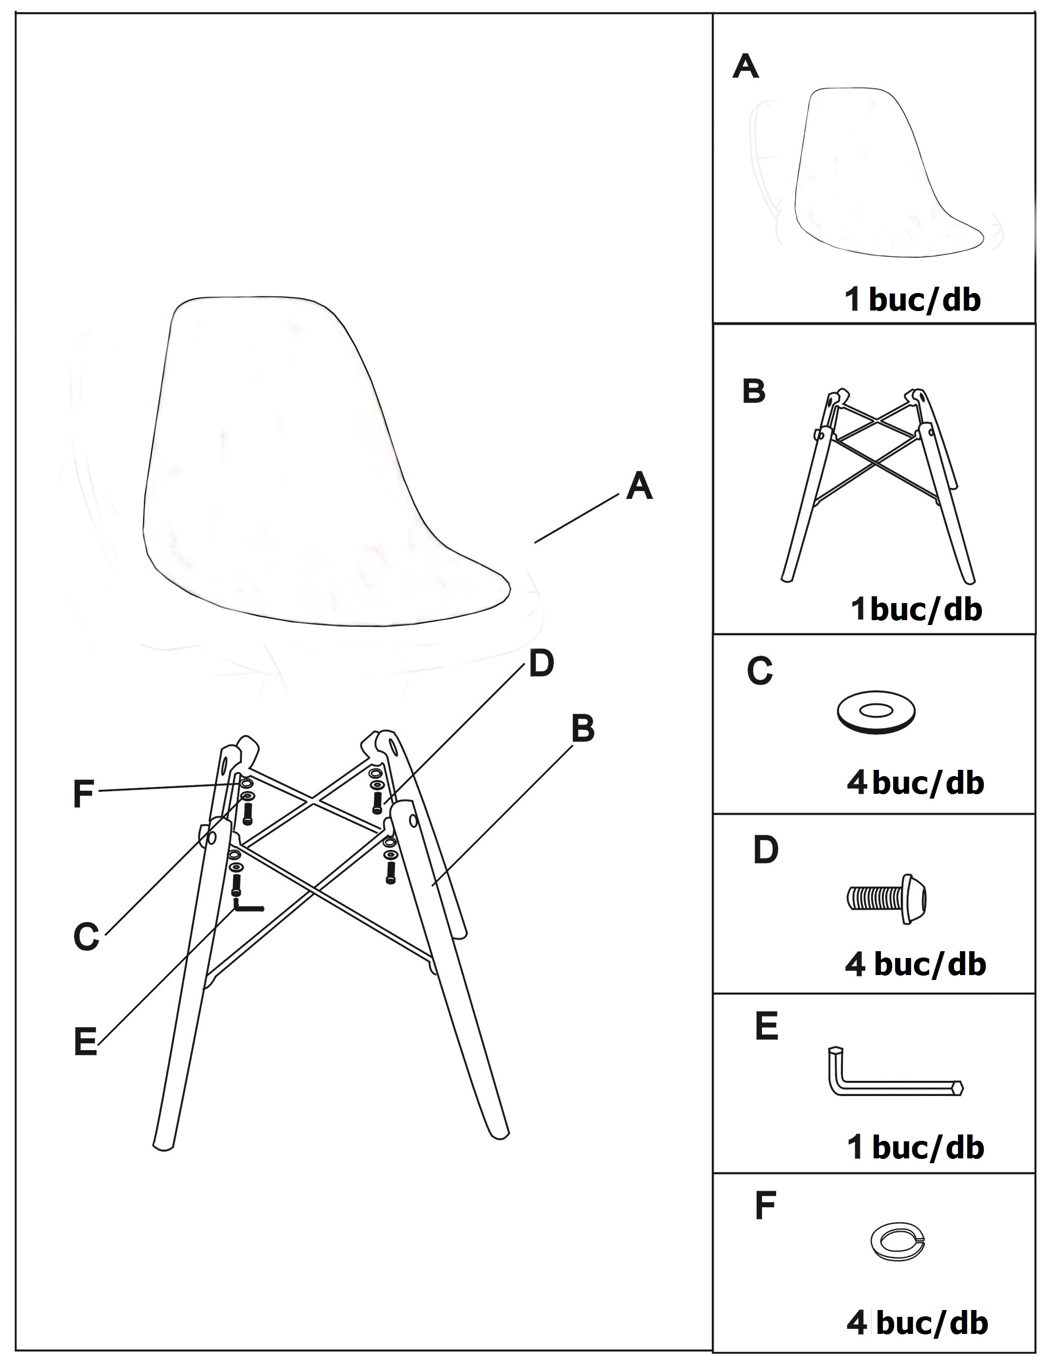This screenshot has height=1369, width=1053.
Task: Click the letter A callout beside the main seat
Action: point(639,487)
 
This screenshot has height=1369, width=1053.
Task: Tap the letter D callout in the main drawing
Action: point(542,663)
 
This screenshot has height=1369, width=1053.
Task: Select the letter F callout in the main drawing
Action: point(83,794)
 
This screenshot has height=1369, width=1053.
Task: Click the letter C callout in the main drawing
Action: point(86,937)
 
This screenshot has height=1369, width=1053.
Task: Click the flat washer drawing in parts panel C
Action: point(876,711)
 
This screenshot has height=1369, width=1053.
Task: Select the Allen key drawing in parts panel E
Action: point(895,1072)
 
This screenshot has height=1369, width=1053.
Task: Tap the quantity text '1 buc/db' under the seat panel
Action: point(913,300)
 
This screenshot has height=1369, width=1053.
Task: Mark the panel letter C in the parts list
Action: point(760,671)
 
